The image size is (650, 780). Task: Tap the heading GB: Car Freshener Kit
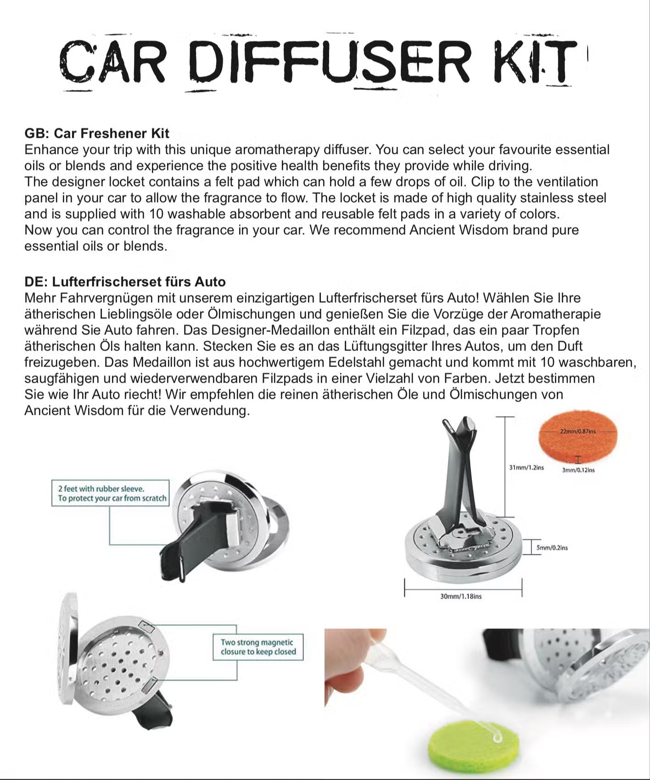[x=97, y=133]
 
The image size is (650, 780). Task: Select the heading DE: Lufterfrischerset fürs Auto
[x=125, y=282]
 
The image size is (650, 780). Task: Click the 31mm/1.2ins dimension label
[x=526, y=468]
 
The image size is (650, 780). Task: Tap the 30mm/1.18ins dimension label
[x=461, y=596]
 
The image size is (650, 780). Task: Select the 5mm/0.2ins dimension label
[x=552, y=548]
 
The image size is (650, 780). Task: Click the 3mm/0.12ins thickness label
[x=578, y=470]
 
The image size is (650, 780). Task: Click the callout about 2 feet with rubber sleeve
[x=111, y=493]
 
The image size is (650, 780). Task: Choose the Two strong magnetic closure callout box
[x=258, y=647]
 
